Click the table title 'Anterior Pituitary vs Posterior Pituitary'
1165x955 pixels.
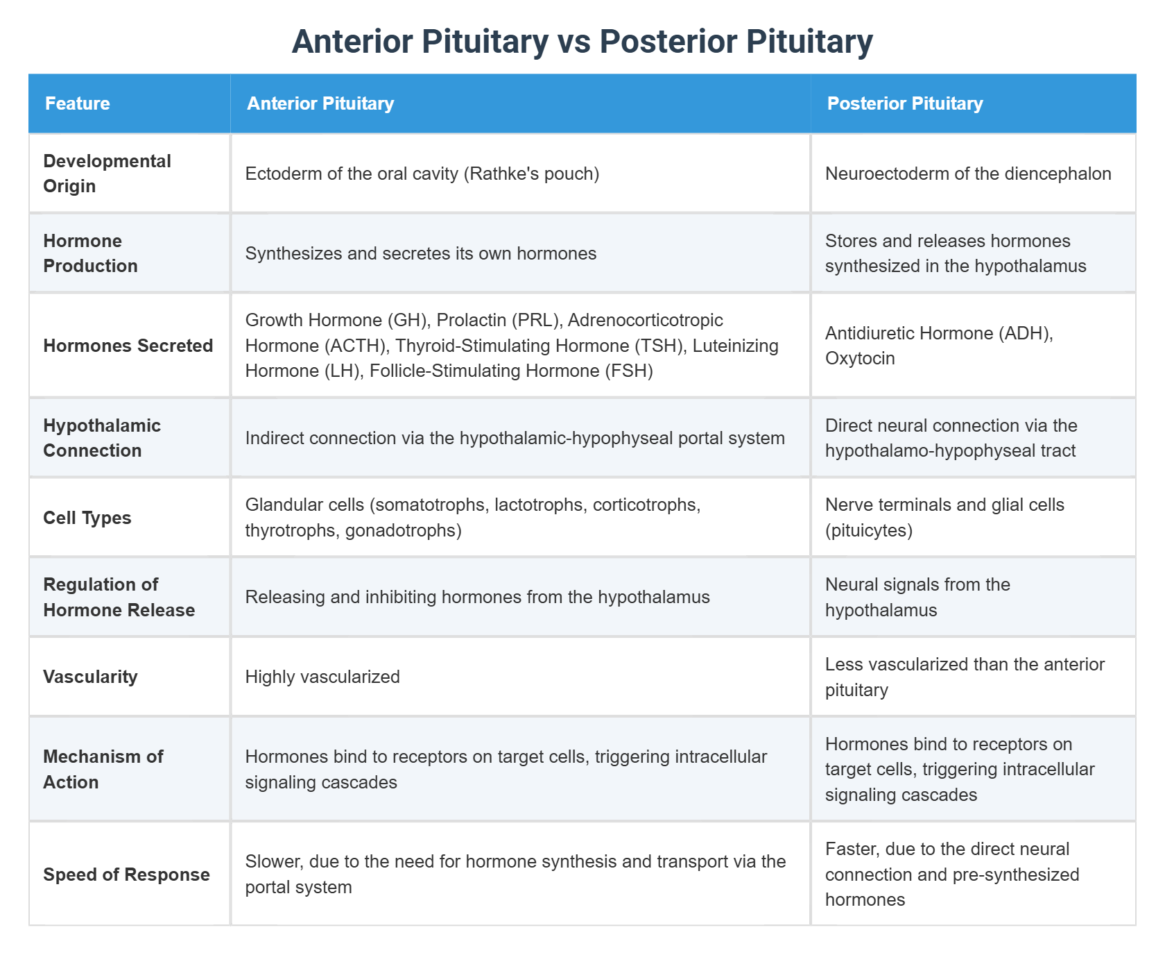(x=582, y=42)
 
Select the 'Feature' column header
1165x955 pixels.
(x=78, y=103)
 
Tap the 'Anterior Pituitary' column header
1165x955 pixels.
(x=320, y=103)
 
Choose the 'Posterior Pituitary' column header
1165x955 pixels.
(x=905, y=103)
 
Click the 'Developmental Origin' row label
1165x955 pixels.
(x=107, y=174)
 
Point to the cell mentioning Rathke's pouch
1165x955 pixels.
(x=422, y=174)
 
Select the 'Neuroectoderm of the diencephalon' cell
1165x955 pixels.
(x=968, y=174)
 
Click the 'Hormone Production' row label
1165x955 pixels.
(x=90, y=253)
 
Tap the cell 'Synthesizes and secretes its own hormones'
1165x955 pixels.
(x=420, y=253)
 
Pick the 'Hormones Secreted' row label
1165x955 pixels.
(x=128, y=346)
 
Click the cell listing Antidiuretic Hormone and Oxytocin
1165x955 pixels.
(x=939, y=346)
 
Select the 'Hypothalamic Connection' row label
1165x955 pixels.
(x=102, y=438)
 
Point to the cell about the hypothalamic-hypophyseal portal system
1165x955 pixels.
(x=515, y=438)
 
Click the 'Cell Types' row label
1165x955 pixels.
(x=87, y=518)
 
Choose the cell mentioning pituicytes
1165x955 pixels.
(x=944, y=518)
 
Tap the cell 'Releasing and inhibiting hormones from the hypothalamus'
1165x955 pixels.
(x=477, y=597)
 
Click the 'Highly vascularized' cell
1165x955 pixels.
(x=322, y=677)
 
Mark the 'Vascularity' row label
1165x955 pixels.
(x=90, y=677)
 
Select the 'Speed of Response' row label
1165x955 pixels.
(x=126, y=874)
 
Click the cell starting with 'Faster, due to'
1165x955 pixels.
(x=951, y=874)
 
